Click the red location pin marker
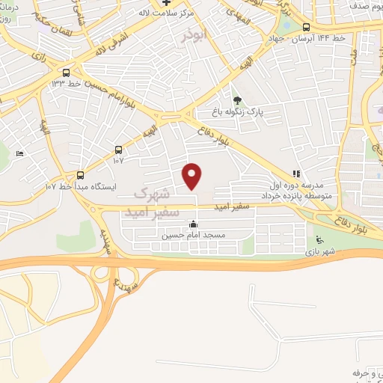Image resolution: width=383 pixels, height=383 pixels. pyautogui.click(x=193, y=176)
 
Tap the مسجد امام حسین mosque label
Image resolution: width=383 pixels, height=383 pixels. pyautogui.click(x=193, y=234)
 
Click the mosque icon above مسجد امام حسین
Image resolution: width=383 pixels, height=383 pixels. pyautogui.click(x=193, y=224)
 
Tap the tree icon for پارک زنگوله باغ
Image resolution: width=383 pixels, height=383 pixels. pyautogui.click(x=237, y=100)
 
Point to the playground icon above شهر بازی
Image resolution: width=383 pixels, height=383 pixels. pyautogui.click(x=320, y=240)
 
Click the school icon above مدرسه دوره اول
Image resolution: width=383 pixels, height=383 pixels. pyautogui.click(x=296, y=173)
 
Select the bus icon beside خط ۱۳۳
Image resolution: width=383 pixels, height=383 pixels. pyautogui.click(x=67, y=73)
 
